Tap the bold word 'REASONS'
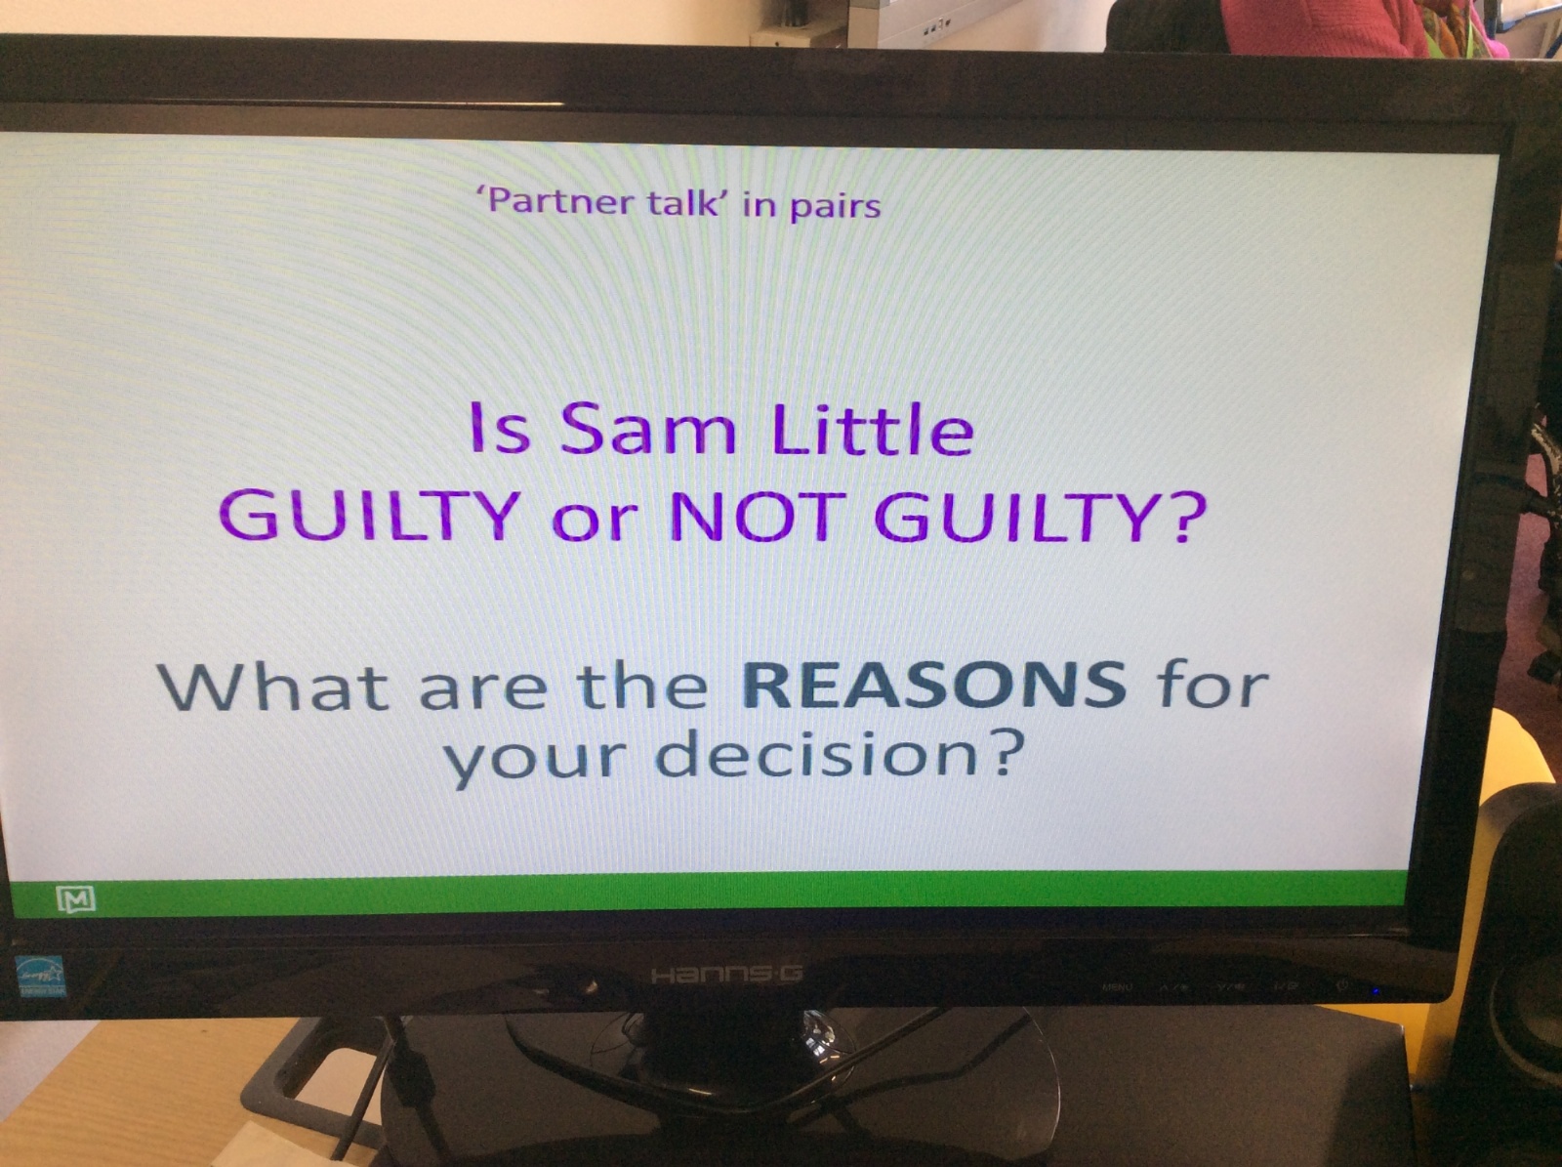point(933,685)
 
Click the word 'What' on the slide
point(275,685)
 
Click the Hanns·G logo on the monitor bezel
point(727,974)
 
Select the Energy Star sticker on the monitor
point(41,977)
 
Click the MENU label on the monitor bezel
point(1117,987)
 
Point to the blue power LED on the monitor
point(1376,990)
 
